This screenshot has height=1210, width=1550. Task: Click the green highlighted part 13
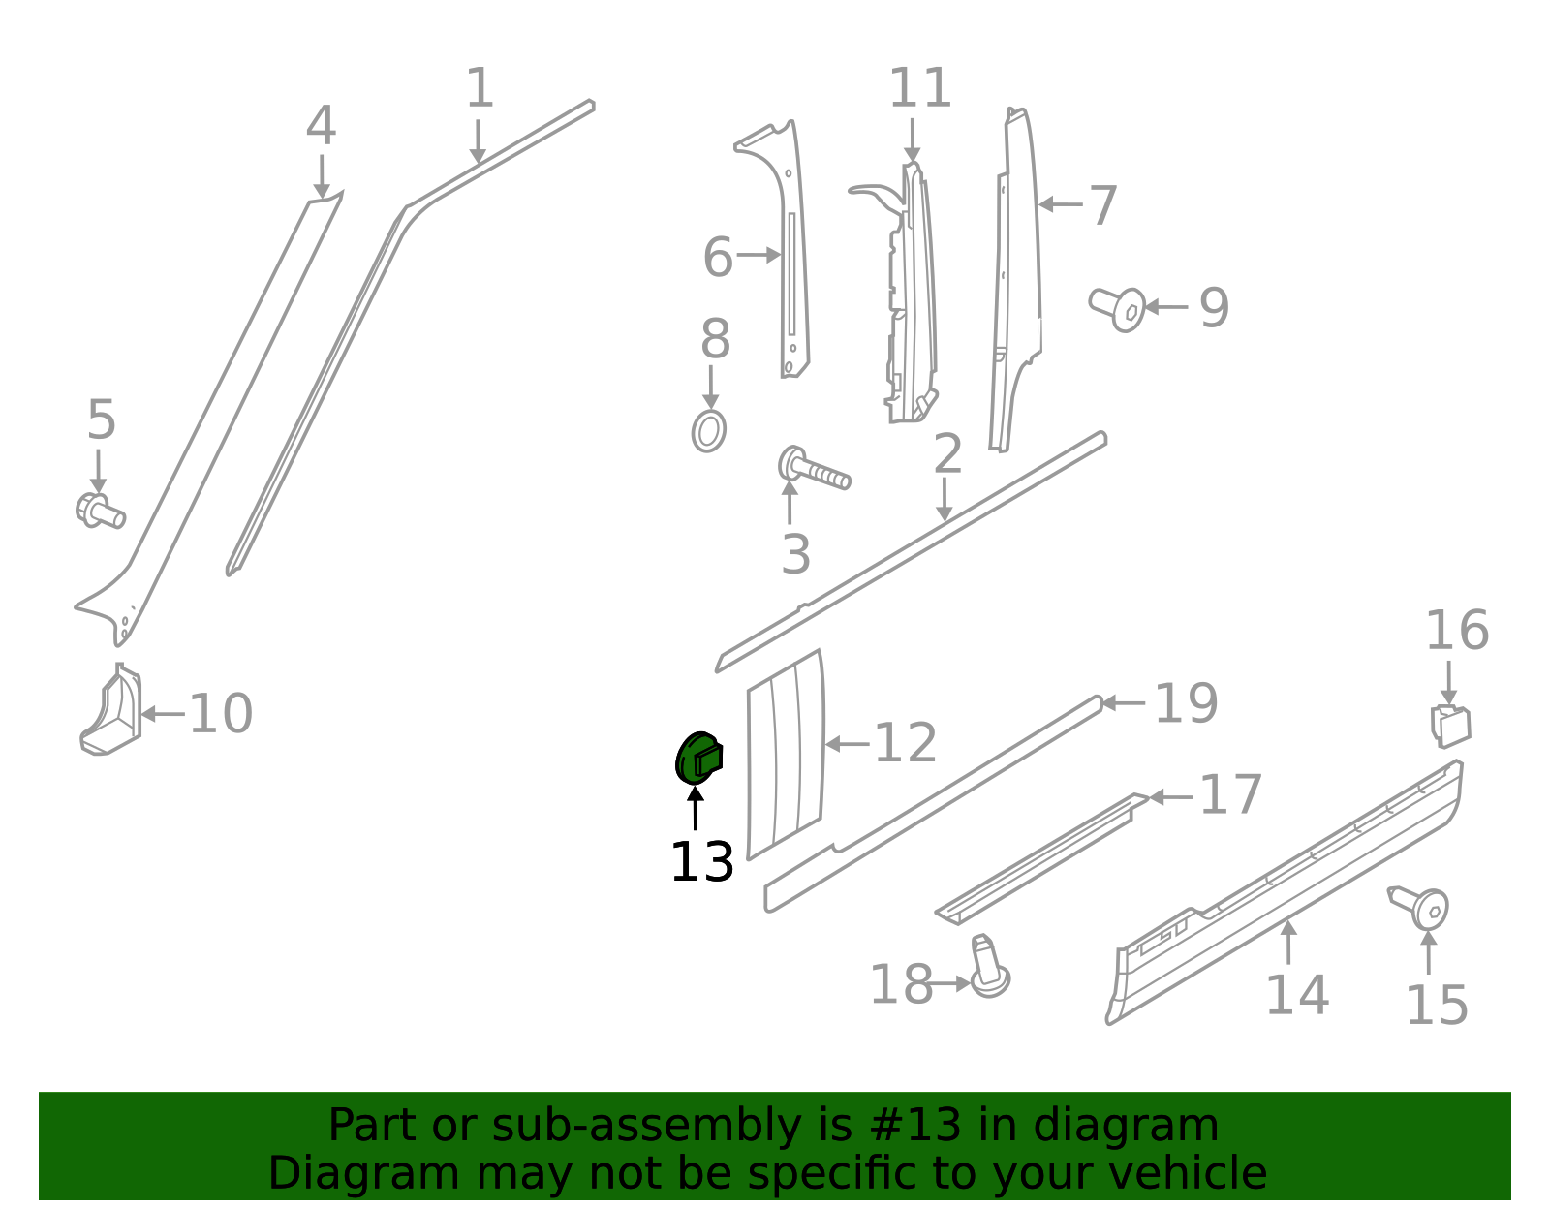pyautogui.click(x=697, y=759)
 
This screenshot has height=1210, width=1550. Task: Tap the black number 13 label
pyautogui.click(x=701, y=862)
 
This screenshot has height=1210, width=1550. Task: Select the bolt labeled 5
pyautogui.click(x=100, y=511)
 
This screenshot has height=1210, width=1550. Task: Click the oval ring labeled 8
pyautogui.click(x=709, y=431)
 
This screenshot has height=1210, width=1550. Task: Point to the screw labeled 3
pyautogui.click(x=814, y=470)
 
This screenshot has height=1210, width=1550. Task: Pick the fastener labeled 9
pyautogui.click(x=1118, y=308)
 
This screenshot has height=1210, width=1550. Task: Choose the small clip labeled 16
pyautogui.click(x=1450, y=726)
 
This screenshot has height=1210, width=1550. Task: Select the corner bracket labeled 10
pyautogui.click(x=112, y=712)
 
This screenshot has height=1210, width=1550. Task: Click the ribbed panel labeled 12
pyautogui.click(x=786, y=756)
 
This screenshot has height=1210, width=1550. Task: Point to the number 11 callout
pyautogui.click(x=919, y=88)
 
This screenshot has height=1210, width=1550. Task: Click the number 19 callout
pyautogui.click(x=1186, y=703)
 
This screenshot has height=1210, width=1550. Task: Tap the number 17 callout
pyautogui.click(x=1230, y=795)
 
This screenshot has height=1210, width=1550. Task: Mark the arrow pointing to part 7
pyautogui.click(x=1060, y=204)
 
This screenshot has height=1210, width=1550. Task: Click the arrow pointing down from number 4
pyautogui.click(x=322, y=176)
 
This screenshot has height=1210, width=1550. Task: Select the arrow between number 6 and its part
pyautogui.click(x=759, y=255)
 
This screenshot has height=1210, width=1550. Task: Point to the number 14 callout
pyautogui.click(x=1296, y=995)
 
